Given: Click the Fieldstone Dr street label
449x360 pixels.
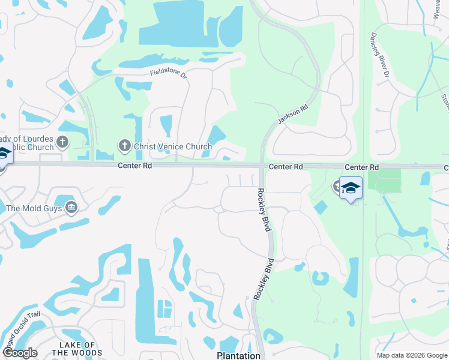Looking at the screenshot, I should click(169, 74).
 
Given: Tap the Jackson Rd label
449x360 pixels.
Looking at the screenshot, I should click(293, 113).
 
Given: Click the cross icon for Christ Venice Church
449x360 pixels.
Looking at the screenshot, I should click(124, 145).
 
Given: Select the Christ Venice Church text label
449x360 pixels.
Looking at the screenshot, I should click(172, 146).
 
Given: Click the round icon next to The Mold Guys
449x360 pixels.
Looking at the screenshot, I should click(71, 208).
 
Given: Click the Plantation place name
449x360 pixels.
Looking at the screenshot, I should click(238, 356).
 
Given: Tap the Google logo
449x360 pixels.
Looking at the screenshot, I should click(20, 353).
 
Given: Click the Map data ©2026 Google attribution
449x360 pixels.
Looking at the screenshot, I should click(411, 355).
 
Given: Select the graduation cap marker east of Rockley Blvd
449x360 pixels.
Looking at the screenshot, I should click(351, 188).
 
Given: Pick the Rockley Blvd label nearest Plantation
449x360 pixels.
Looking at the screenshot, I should click(264, 278).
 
